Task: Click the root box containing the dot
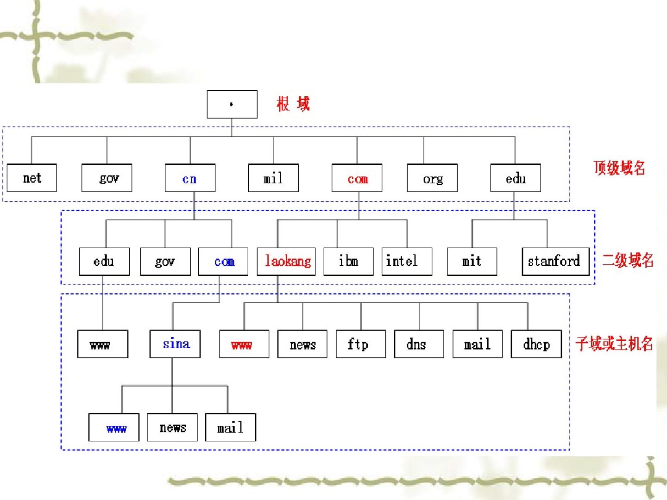[x=232, y=104]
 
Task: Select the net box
[x=32, y=178]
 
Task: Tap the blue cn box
[x=190, y=178]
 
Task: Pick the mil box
[x=273, y=178]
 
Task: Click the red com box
[x=357, y=178]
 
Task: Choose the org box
[x=432, y=178]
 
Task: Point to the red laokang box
[x=287, y=262]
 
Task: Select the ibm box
[x=348, y=262]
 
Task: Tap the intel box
[x=407, y=262]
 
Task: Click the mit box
[x=472, y=262]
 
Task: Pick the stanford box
[x=555, y=262]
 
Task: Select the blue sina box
[x=175, y=344]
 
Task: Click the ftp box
[x=361, y=344]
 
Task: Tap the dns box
[x=419, y=344]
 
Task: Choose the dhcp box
[x=536, y=344]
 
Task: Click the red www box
[x=244, y=344]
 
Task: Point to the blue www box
[x=114, y=427]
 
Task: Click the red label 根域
[x=293, y=104]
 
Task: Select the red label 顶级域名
[x=619, y=168]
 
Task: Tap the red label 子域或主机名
[x=614, y=344]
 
